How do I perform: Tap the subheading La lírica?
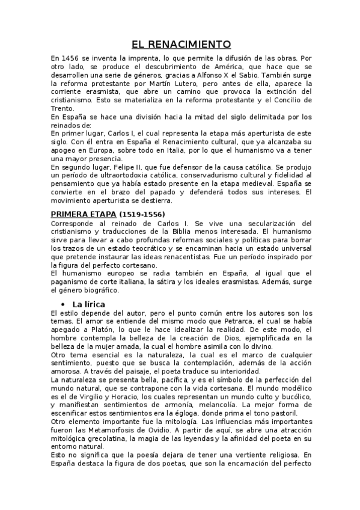click(x=88, y=304)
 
